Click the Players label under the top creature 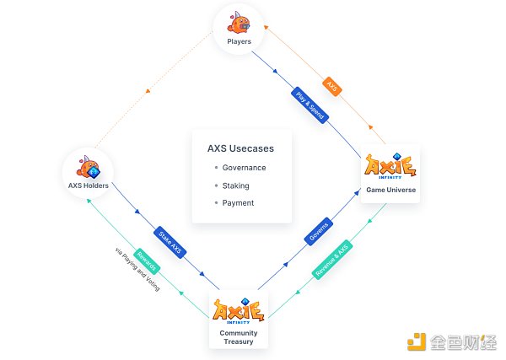click(x=240, y=40)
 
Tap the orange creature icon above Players click(x=240, y=22)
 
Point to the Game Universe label click(x=390, y=190)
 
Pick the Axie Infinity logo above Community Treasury click(x=239, y=311)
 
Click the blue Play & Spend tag click(x=310, y=104)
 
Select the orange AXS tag click(x=332, y=87)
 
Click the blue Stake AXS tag click(x=170, y=242)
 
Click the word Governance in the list click(x=245, y=168)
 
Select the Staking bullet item click(x=235, y=185)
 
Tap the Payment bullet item click(x=238, y=202)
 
